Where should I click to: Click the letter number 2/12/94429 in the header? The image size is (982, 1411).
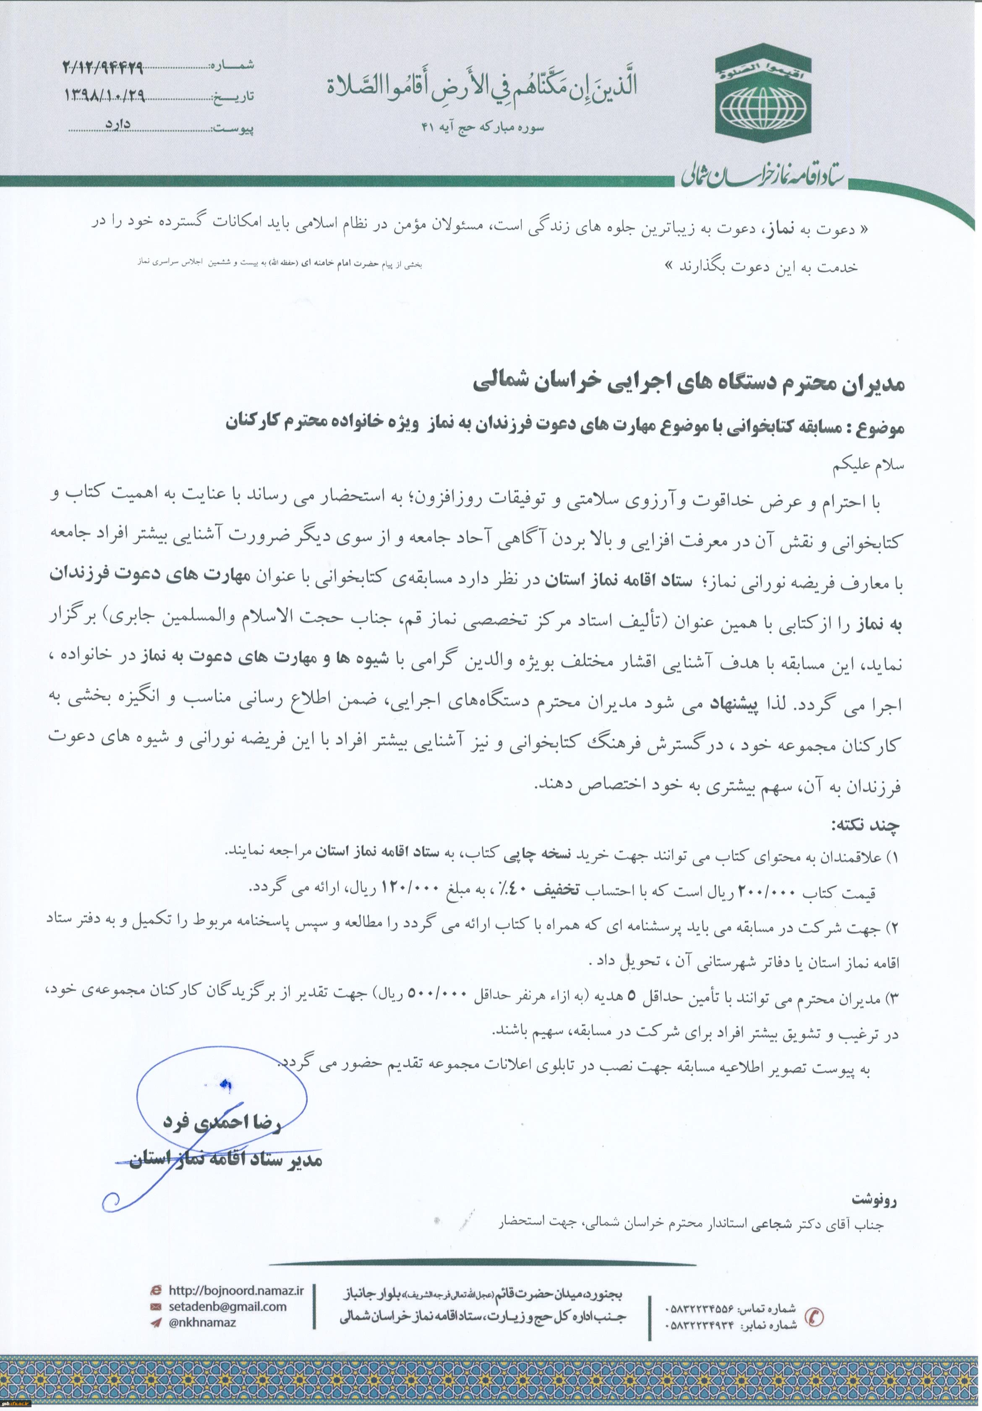coord(103,66)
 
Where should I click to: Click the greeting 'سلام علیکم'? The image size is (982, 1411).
coord(872,465)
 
